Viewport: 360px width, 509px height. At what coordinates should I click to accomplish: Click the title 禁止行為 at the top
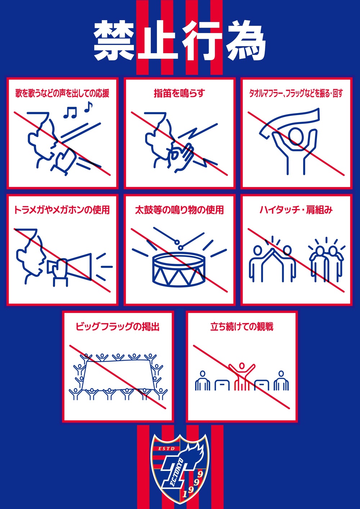tap(180, 41)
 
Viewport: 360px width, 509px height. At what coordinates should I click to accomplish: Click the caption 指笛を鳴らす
tap(180, 93)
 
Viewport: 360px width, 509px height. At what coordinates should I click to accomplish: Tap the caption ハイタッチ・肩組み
tap(296, 210)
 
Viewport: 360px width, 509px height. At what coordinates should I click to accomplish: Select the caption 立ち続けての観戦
tap(242, 327)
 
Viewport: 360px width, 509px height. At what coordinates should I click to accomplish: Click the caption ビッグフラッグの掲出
tap(118, 327)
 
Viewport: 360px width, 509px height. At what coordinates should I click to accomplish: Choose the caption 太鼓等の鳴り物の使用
tap(179, 210)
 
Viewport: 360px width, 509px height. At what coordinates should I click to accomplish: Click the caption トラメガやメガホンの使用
tap(62, 210)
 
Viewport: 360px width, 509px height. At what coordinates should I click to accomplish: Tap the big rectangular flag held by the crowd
tap(118, 375)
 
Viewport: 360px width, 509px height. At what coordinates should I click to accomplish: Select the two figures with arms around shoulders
tap(327, 264)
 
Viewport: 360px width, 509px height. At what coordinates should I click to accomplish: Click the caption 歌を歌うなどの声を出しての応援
tap(62, 93)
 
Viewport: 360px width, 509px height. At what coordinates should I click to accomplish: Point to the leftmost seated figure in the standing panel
tap(202, 381)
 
